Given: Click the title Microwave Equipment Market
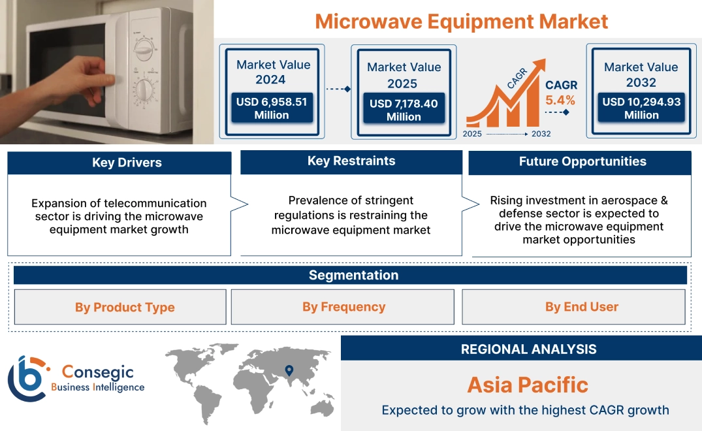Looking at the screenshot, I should click(461, 21).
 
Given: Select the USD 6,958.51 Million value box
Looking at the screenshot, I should click(271, 108).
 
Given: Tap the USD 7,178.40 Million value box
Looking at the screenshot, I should click(403, 110).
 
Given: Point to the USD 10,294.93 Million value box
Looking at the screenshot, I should click(641, 108).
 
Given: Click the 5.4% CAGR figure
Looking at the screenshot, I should click(560, 100).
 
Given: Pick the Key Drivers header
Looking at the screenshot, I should click(127, 163).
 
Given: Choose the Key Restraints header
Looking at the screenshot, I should click(351, 161).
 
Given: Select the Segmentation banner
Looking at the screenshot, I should click(353, 275).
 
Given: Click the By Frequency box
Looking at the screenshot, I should click(343, 307).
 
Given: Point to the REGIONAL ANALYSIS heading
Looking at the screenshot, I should click(528, 349).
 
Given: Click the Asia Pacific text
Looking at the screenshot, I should click(528, 385).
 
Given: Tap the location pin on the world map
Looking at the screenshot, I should click(289, 371).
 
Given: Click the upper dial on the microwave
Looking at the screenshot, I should click(143, 48).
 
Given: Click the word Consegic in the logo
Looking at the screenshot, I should click(97, 372).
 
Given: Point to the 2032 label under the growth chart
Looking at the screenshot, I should click(541, 134).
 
